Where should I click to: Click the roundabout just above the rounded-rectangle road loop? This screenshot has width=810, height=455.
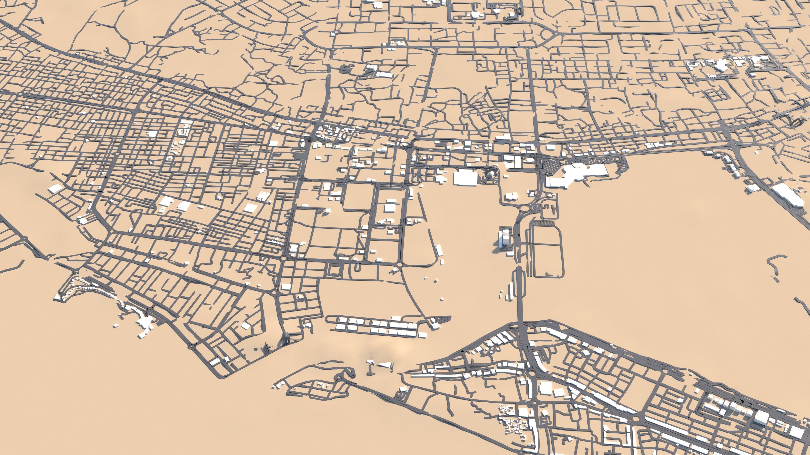pos(524,208)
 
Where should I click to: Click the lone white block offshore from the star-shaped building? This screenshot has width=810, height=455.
pos(116,326)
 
